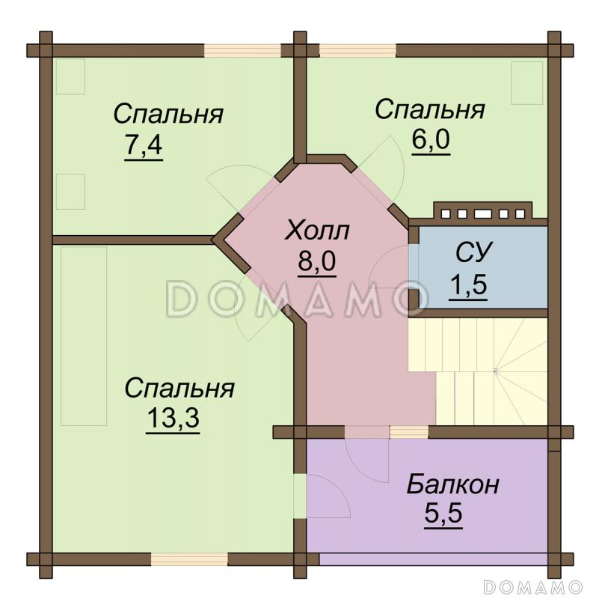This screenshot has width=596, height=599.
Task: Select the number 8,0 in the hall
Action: (x=317, y=264)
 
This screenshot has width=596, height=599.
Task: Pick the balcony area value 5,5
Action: (x=443, y=516)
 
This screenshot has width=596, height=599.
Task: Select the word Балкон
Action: (x=452, y=484)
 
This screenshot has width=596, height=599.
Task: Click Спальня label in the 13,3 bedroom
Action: (x=179, y=389)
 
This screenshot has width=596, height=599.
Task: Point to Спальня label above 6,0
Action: (x=430, y=109)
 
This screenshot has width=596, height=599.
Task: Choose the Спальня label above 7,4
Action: (x=168, y=115)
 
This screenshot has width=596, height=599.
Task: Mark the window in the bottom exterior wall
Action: (x=189, y=559)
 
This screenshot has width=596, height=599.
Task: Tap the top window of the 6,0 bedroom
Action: (x=357, y=51)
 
